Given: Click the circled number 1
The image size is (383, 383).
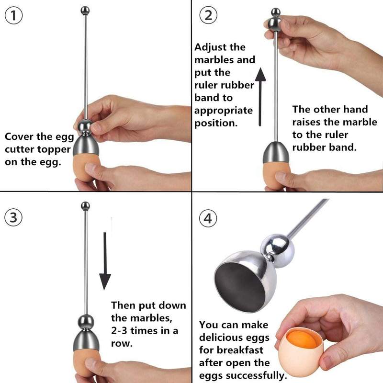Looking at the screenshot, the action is pos(14,15).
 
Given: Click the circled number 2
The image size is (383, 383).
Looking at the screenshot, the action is pos(208,15).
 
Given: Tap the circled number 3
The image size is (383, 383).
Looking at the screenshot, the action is pos(13,217).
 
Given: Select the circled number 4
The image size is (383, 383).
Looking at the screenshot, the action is pos(208,218).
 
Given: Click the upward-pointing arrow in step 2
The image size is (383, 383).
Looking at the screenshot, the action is pos(260,97).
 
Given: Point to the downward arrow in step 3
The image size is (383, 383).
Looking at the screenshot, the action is pos(105,261).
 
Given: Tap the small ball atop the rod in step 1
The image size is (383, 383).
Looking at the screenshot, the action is pos(85,11).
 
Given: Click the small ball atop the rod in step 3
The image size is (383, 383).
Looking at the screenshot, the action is pos(85,206).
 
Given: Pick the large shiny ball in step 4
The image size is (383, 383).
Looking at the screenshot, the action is pos(278,248).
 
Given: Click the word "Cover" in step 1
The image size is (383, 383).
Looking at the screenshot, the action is pos(19,136).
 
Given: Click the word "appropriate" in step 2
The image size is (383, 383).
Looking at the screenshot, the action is pos(224,111).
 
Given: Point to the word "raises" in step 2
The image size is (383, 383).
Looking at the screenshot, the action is pos(306,122).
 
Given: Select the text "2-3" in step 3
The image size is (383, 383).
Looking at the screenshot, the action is pos(119,331).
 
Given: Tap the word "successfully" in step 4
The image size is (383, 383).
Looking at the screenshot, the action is pos(256,375).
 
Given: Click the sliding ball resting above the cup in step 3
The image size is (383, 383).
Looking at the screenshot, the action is pos(86,322).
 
